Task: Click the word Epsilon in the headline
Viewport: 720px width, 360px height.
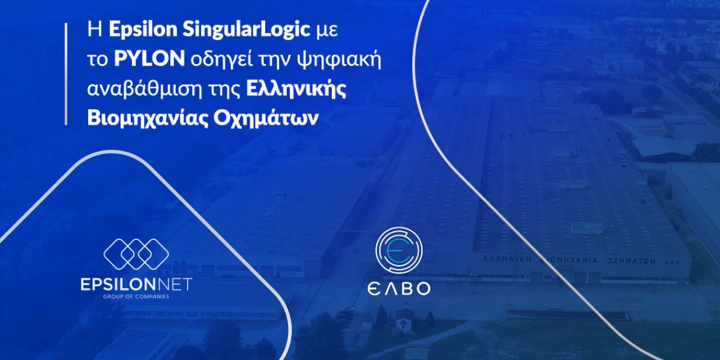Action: [143, 30]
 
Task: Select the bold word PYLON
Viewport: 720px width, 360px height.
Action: [149, 59]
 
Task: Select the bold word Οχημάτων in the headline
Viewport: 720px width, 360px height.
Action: [265, 118]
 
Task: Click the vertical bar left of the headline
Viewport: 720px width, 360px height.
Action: [66, 74]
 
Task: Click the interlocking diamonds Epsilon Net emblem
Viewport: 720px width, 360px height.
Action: [136, 254]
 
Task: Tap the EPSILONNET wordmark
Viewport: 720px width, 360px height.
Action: [136, 285]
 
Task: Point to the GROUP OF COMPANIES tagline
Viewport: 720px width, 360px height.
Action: [136, 296]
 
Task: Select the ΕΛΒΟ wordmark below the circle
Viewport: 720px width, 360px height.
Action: [399, 289]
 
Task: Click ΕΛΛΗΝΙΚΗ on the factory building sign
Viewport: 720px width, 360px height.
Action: [508, 259]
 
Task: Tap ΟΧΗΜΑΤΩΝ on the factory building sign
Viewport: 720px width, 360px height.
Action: [631, 261]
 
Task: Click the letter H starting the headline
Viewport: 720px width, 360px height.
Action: [95, 30]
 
